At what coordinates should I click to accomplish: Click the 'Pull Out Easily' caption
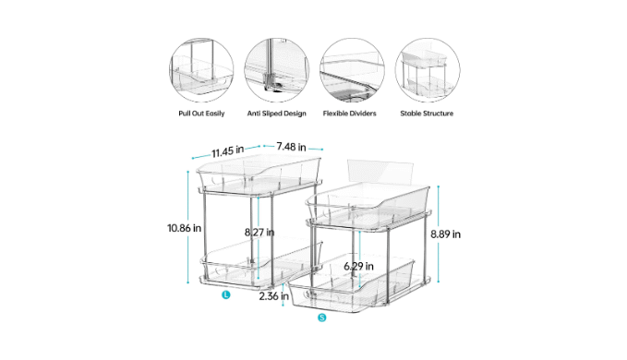tap(201, 114)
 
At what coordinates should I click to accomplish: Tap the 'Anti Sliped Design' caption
tap(277, 114)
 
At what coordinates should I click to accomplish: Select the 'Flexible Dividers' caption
tap(349, 114)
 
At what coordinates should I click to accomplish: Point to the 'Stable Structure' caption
tap(427, 114)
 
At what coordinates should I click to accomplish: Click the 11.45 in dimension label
tap(227, 151)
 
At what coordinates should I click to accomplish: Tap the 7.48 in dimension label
tap(291, 147)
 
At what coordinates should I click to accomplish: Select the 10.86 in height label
tap(184, 228)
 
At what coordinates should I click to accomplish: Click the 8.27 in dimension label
tap(259, 232)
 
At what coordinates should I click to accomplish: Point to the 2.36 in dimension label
tap(274, 296)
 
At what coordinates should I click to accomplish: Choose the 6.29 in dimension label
tap(358, 266)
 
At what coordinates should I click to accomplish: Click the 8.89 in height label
tap(445, 234)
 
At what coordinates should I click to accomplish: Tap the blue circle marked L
tap(226, 294)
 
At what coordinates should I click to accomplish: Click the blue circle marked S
tap(322, 318)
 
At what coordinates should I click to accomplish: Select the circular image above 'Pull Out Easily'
tap(201, 70)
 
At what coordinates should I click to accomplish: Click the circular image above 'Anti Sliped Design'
tap(277, 70)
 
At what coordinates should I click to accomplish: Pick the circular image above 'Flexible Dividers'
tap(352, 70)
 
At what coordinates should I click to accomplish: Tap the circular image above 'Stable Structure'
tap(428, 70)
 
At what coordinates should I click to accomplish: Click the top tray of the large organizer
tap(259, 173)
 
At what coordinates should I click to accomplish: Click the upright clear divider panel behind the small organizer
tap(380, 171)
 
